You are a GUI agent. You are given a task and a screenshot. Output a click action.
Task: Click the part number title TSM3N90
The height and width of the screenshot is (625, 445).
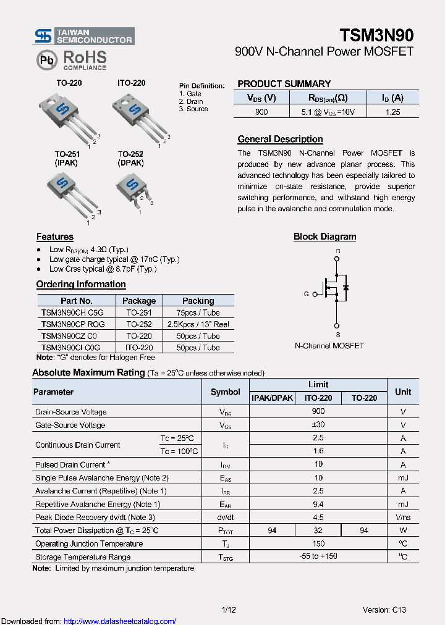(376, 35)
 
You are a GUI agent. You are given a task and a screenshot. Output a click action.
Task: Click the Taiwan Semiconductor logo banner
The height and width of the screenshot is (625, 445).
(83, 36)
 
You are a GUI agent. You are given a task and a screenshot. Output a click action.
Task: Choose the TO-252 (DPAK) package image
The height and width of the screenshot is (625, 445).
(133, 188)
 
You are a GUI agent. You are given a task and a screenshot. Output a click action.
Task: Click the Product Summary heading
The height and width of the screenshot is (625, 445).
(284, 83)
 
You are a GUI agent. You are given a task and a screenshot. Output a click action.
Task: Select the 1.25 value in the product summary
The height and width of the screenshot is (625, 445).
(392, 112)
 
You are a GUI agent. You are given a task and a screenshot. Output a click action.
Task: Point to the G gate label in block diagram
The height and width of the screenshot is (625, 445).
(306, 294)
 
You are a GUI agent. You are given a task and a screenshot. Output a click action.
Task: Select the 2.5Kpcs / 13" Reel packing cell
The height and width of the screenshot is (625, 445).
(198, 324)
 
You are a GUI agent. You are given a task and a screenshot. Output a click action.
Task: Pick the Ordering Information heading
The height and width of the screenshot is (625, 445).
(81, 284)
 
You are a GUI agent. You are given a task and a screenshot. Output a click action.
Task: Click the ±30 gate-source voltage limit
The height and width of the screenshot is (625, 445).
(318, 425)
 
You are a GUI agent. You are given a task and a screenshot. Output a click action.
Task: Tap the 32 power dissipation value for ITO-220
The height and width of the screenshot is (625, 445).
(318, 531)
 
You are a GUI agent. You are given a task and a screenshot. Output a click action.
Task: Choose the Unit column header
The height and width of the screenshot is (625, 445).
(403, 392)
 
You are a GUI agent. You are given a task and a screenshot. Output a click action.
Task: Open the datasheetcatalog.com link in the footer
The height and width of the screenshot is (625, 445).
(120, 621)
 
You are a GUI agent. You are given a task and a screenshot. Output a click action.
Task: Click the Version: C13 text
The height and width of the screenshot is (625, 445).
(384, 610)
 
